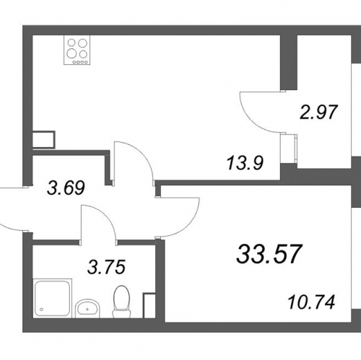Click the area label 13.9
(x=245, y=163)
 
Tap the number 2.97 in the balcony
(x=319, y=112)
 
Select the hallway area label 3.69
(x=66, y=188)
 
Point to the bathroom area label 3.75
(x=106, y=267)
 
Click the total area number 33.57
(x=269, y=254)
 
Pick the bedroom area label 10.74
(x=311, y=302)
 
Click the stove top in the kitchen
(x=77, y=50)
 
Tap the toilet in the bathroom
(x=121, y=302)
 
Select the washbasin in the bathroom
(x=87, y=308)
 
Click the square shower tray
(x=53, y=298)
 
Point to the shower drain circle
(x=41, y=309)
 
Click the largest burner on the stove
(x=71, y=53)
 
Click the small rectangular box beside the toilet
(x=149, y=305)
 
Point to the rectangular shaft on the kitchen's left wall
(x=43, y=140)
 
